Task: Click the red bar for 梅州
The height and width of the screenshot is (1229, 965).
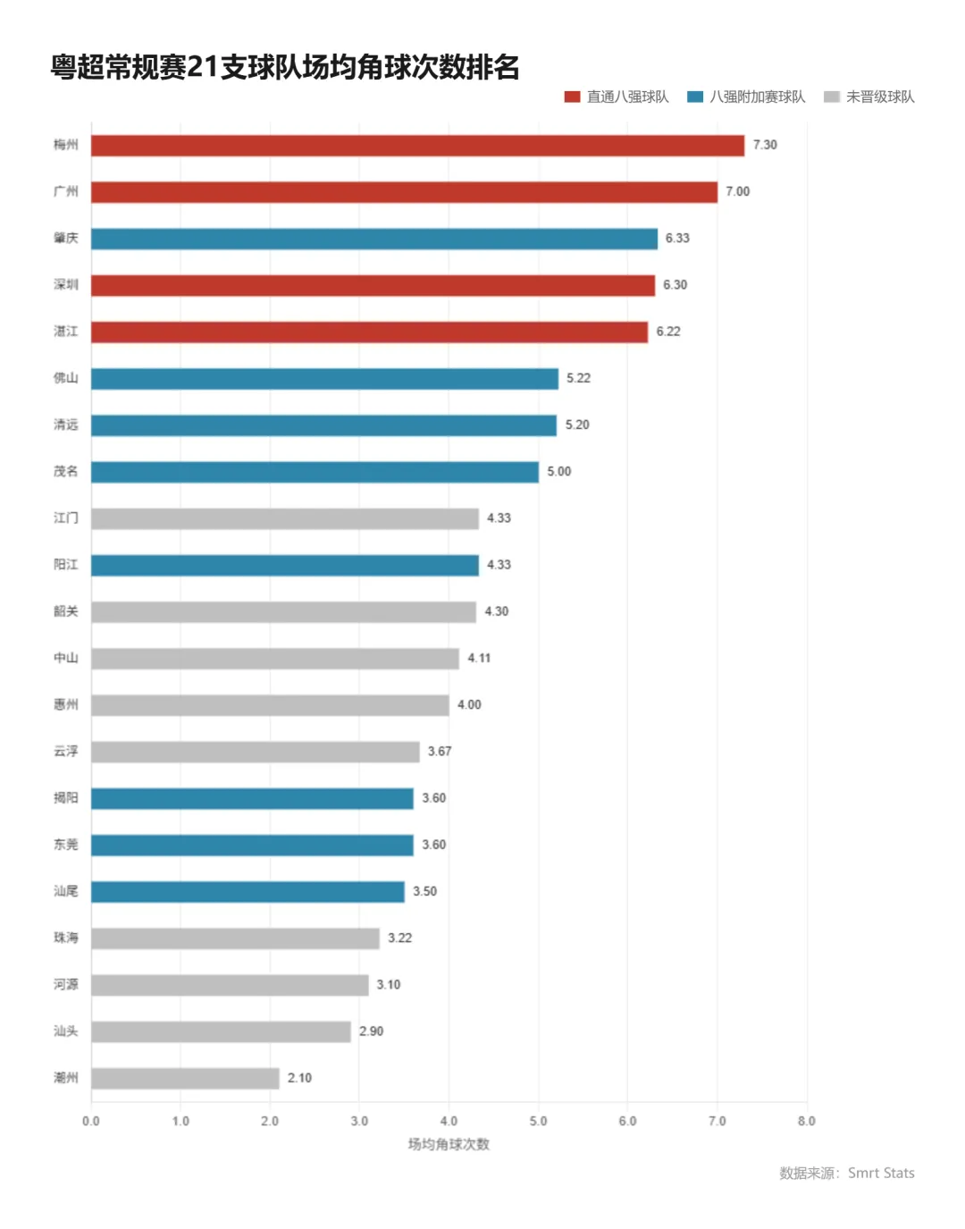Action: point(418,146)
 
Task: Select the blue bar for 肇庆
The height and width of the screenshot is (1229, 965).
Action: point(374,240)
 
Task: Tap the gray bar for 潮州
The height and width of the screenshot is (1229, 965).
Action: point(186,1079)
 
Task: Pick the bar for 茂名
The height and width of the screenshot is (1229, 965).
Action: point(315,472)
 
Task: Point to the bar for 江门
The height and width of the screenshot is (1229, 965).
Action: point(285,518)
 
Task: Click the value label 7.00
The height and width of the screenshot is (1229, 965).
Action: point(738,192)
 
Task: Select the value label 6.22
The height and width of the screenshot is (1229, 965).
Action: point(668,332)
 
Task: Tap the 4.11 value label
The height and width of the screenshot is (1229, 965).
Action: point(479,659)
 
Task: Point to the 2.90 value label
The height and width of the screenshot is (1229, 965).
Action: point(372,1031)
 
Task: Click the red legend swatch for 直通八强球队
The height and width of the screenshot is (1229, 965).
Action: point(572,97)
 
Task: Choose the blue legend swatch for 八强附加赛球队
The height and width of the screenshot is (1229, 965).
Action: point(695,97)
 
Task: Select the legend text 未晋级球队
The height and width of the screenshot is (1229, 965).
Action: point(880,97)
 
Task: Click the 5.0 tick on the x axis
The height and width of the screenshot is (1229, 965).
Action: point(538,1121)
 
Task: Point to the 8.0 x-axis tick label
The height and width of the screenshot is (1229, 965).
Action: point(807,1121)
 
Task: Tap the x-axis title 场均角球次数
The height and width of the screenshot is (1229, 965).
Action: point(449,1145)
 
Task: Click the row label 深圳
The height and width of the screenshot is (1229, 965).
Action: point(66,285)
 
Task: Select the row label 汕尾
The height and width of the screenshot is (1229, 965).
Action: point(66,891)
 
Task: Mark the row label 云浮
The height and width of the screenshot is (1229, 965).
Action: point(66,752)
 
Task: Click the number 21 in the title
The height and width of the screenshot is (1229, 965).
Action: point(203,68)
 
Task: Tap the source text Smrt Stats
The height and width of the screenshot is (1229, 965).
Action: point(881,1174)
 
